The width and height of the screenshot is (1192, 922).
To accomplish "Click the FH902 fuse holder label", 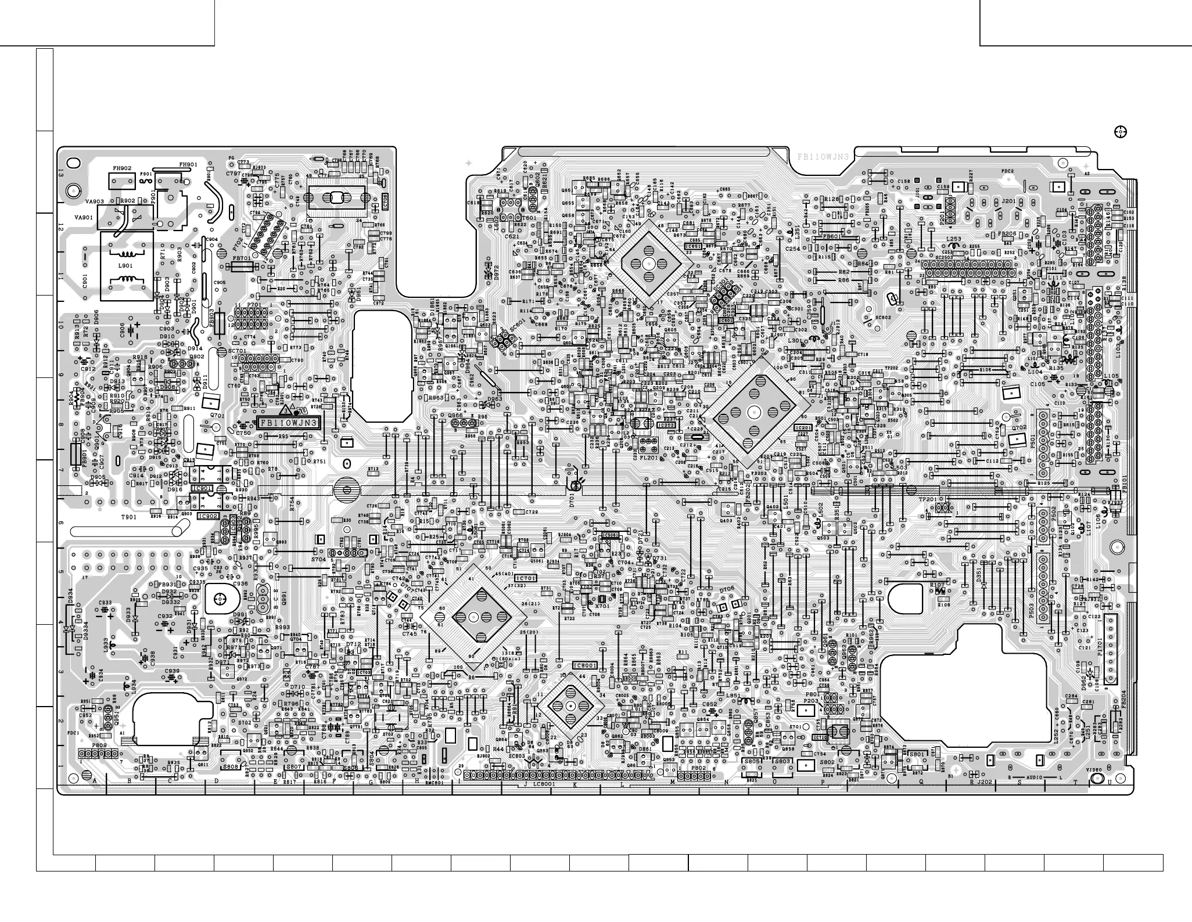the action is (x=122, y=168).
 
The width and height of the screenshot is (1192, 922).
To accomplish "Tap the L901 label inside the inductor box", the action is (x=125, y=265).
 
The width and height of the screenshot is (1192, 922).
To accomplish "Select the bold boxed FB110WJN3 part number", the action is (x=289, y=423).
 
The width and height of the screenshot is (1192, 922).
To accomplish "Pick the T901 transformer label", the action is (x=128, y=517).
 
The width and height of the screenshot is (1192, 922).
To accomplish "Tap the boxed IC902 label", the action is (x=208, y=516).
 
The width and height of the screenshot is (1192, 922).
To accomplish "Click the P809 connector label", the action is (x=99, y=744).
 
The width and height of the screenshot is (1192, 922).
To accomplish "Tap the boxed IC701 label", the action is (x=526, y=578).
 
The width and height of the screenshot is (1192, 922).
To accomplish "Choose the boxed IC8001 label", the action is (x=585, y=665).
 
